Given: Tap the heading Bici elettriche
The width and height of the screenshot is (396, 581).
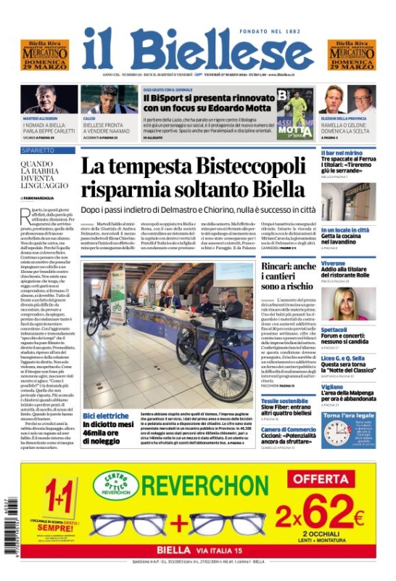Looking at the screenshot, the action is click(x=106, y=415).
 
